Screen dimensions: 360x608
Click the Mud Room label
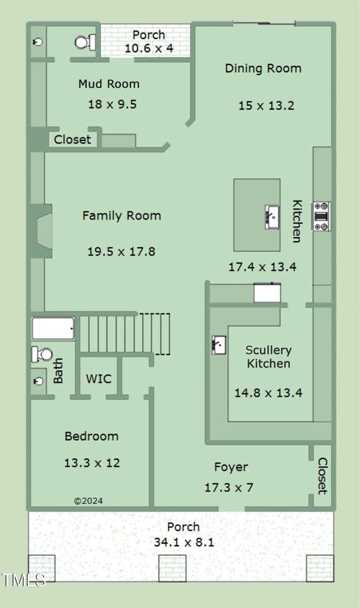pyautogui.click(x=109, y=84)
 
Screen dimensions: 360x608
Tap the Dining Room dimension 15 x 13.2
pyautogui.click(x=266, y=105)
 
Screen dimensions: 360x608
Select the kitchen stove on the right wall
pyautogui.click(x=322, y=217)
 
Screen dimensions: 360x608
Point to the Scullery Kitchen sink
pyautogui.click(x=219, y=345)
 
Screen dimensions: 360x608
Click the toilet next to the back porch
pyautogui.click(x=85, y=43)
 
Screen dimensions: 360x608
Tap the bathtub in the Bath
pyautogui.click(x=53, y=328)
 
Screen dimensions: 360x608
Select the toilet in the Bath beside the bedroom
pyautogui.click(x=42, y=354)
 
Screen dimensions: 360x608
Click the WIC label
pyautogui.click(x=99, y=378)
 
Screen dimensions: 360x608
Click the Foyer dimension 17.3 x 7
pyautogui.click(x=229, y=488)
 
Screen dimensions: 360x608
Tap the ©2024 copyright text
pyautogui.click(x=89, y=501)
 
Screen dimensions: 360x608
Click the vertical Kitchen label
pyautogui.click(x=297, y=221)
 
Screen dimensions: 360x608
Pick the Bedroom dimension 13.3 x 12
pyautogui.click(x=92, y=463)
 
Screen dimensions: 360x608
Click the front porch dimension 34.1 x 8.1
pyautogui.click(x=184, y=542)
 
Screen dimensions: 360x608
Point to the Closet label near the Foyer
pyautogui.click(x=323, y=476)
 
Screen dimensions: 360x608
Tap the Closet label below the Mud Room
pyautogui.click(x=72, y=139)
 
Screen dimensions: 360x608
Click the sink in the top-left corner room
pyautogui.click(x=38, y=42)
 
